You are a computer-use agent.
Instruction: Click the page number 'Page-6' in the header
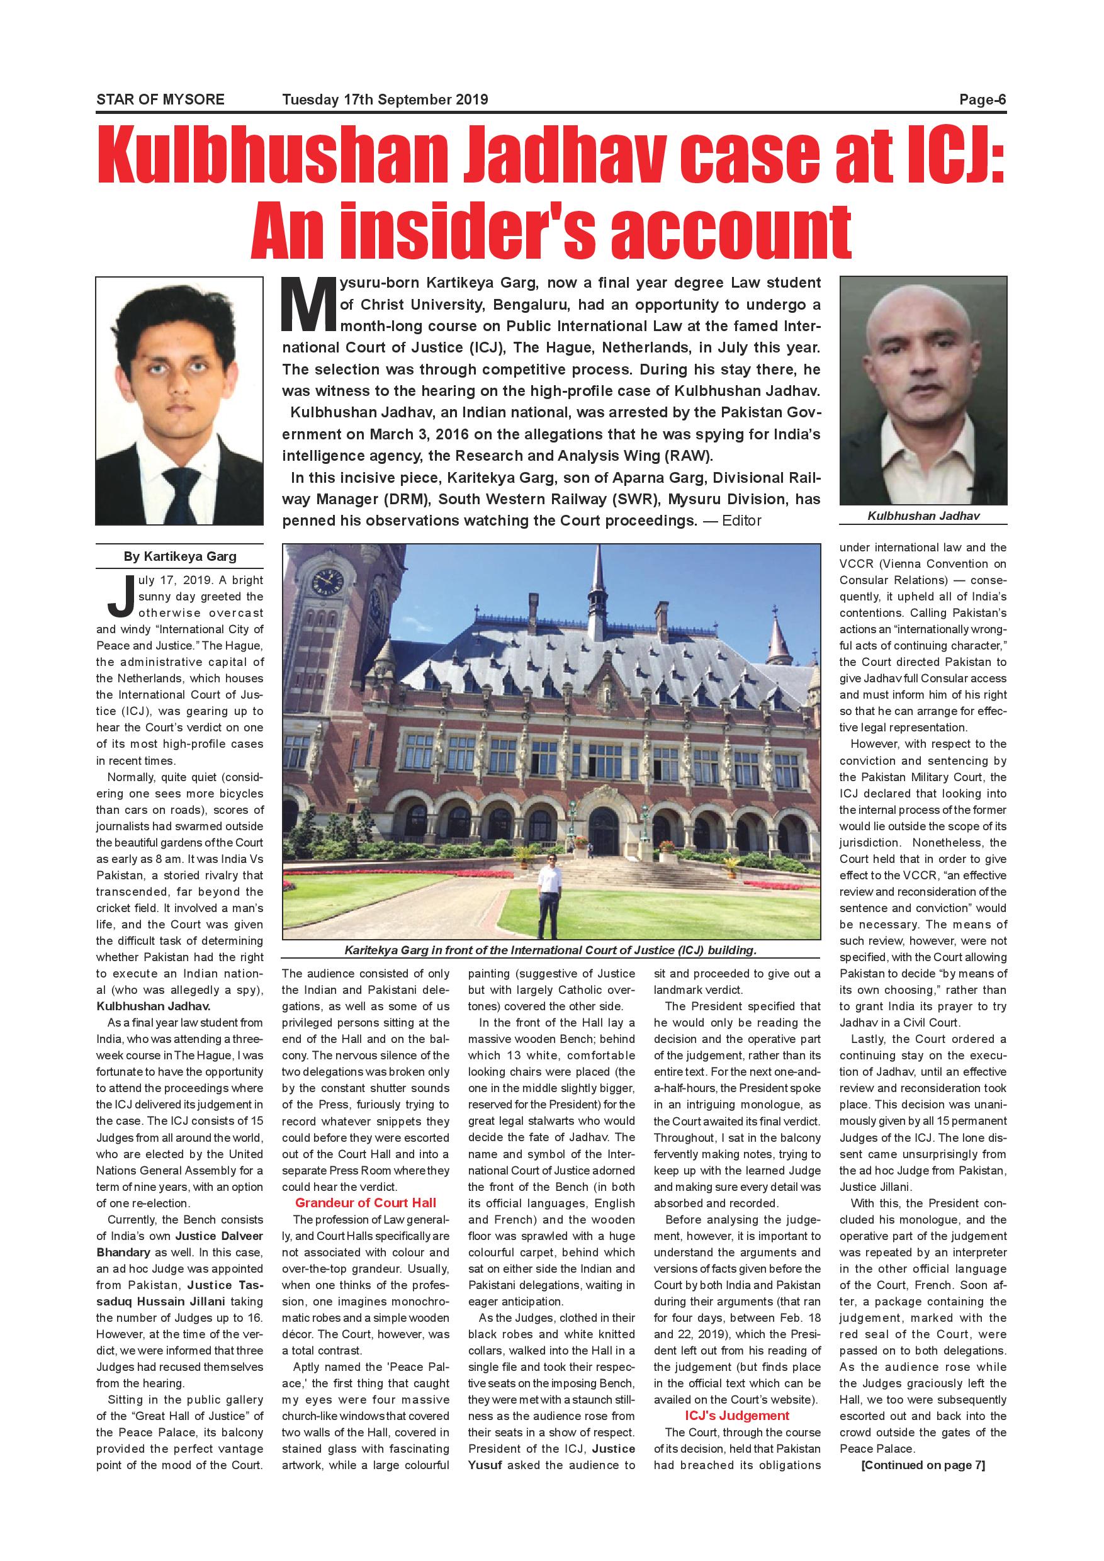click(x=982, y=99)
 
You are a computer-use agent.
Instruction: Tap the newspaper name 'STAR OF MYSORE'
click(x=161, y=99)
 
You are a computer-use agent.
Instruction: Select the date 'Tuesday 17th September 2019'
click(x=385, y=99)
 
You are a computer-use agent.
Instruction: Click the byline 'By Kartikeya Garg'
click(x=179, y=556)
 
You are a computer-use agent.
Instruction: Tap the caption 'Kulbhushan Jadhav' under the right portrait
click(x=923, y=516)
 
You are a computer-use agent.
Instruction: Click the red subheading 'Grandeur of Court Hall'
click(x=365, y=1203)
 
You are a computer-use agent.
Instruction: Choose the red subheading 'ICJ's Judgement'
click(x=737, y=1416)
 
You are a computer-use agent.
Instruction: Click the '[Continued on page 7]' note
click(x=923, y=1465)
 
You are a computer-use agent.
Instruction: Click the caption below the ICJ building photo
click(x=551, y=950)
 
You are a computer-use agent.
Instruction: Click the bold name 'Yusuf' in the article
click(x=485, y=1465)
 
